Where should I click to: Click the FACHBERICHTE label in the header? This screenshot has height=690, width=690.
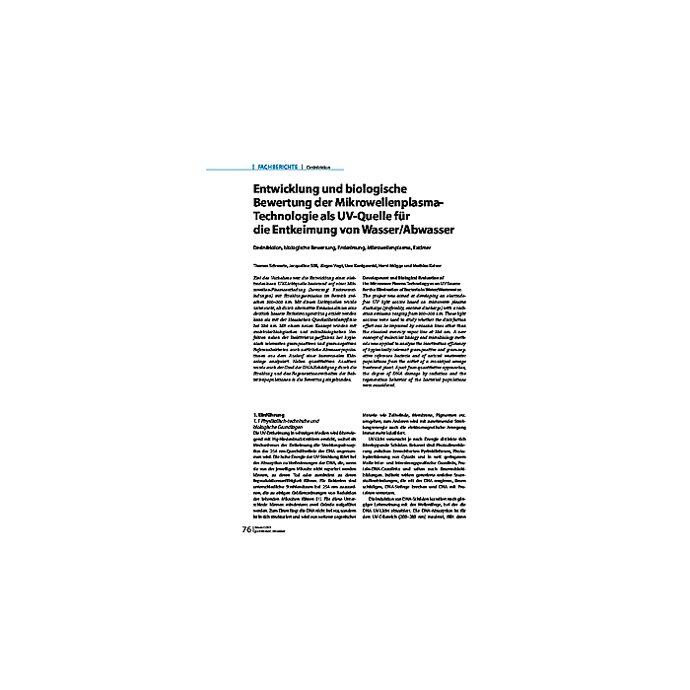[278, 168]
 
